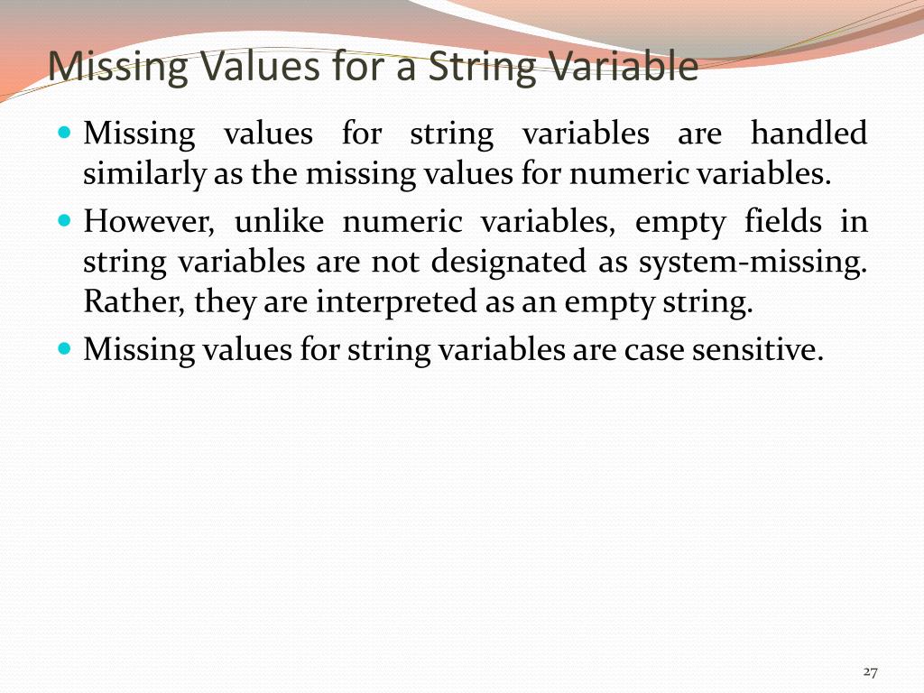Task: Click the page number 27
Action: tap(871, 671)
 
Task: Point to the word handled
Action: tap(808, 134)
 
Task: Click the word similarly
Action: tap(144, 174)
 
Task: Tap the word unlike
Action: tap(274, 221)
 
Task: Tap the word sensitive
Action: tap(757, 349)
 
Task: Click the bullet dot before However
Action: tap(63, 219)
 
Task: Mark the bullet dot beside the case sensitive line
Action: tap(63, 347)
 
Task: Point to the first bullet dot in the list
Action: tap(63, 133)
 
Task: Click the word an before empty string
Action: tap(540, 303)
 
